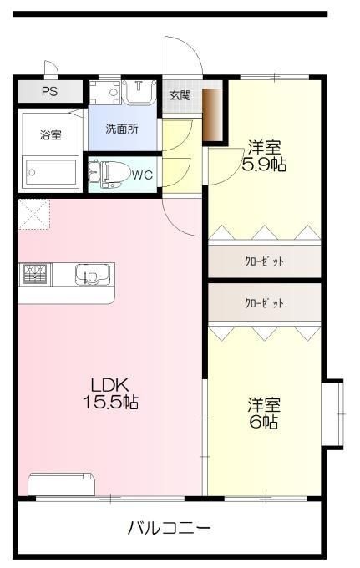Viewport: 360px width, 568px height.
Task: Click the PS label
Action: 49,91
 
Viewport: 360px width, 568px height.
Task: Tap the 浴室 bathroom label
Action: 51,135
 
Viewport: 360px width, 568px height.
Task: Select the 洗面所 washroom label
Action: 122,129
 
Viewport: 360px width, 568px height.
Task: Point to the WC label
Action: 142,175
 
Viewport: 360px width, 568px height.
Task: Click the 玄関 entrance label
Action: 180,95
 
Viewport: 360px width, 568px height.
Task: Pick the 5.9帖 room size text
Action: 264,165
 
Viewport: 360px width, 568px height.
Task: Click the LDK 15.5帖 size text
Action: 111,393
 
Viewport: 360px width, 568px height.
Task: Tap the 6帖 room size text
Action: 264,422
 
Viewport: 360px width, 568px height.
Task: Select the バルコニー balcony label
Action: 169,529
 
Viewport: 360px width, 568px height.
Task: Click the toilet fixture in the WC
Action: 109,175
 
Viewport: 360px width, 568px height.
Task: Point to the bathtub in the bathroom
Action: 51,172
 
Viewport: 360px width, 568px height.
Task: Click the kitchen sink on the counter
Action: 93,274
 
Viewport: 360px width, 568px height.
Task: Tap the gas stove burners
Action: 35,274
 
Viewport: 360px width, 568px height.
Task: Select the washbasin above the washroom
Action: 139,92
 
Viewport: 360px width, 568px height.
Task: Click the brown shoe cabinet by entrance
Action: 212,114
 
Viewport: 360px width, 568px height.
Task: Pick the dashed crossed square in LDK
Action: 33,214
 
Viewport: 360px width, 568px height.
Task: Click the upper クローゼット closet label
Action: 264,261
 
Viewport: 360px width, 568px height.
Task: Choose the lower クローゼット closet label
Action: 264,303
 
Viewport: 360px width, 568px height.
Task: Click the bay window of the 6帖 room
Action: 332,414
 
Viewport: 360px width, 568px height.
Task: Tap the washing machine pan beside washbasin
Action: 104,93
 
